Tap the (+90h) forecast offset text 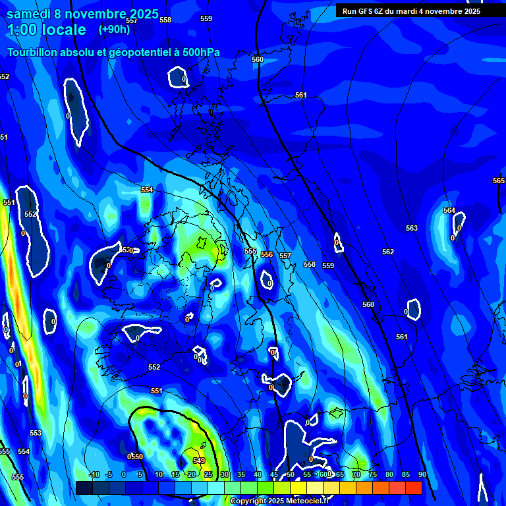pos(114,29)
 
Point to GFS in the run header pos(368,11)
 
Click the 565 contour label pos(499,181)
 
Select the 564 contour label pos(449,210)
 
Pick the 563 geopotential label pos(411,228)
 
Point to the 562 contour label pos(388,252)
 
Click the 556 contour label pos(267,254)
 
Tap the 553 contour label pos(35,433)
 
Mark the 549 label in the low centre pos(199,461)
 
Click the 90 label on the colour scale pos(422,474)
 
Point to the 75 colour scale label pos(372,474)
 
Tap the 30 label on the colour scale pos(224,474)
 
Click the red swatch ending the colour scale pos(413,488)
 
